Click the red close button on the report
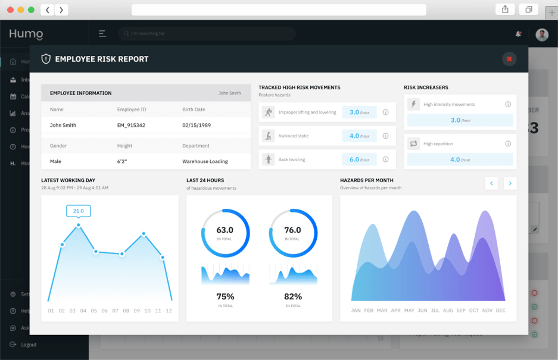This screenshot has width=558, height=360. click(x=509, y=59)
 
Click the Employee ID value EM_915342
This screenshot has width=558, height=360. click(x=131, y=126)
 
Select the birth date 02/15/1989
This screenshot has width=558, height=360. click(x=197, y=126)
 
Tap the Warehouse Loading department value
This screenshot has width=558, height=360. click(x=205, y=161)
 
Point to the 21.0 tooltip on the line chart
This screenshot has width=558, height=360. click(x=79, y=211)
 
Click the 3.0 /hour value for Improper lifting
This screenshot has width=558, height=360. click(x=359, y=112)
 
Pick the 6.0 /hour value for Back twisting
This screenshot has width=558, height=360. click(x=359, y=159)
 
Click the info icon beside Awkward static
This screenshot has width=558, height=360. click(x=385, y=136)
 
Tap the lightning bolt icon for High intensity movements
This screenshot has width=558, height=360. click(x=413, y=104)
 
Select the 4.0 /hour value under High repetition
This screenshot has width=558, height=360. click(x=459, y=159)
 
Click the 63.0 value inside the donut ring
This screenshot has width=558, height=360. click(x=225, y=230)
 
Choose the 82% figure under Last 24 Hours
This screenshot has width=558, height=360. click(x=293, y=296)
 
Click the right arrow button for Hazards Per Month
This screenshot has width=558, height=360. click(x=510, y=183)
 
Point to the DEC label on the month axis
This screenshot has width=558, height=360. click(x=500, y=311)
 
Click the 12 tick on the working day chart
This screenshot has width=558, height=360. click(x=169, y=311)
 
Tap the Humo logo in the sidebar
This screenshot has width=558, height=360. click(x=26, y=35)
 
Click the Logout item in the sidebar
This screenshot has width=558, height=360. click(x=28, y=345)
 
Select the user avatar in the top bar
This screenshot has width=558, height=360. click(x=541, y=35)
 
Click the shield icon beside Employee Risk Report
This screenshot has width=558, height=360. click(x=46, y=59)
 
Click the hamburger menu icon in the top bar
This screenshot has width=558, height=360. click(x=102, y=34)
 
